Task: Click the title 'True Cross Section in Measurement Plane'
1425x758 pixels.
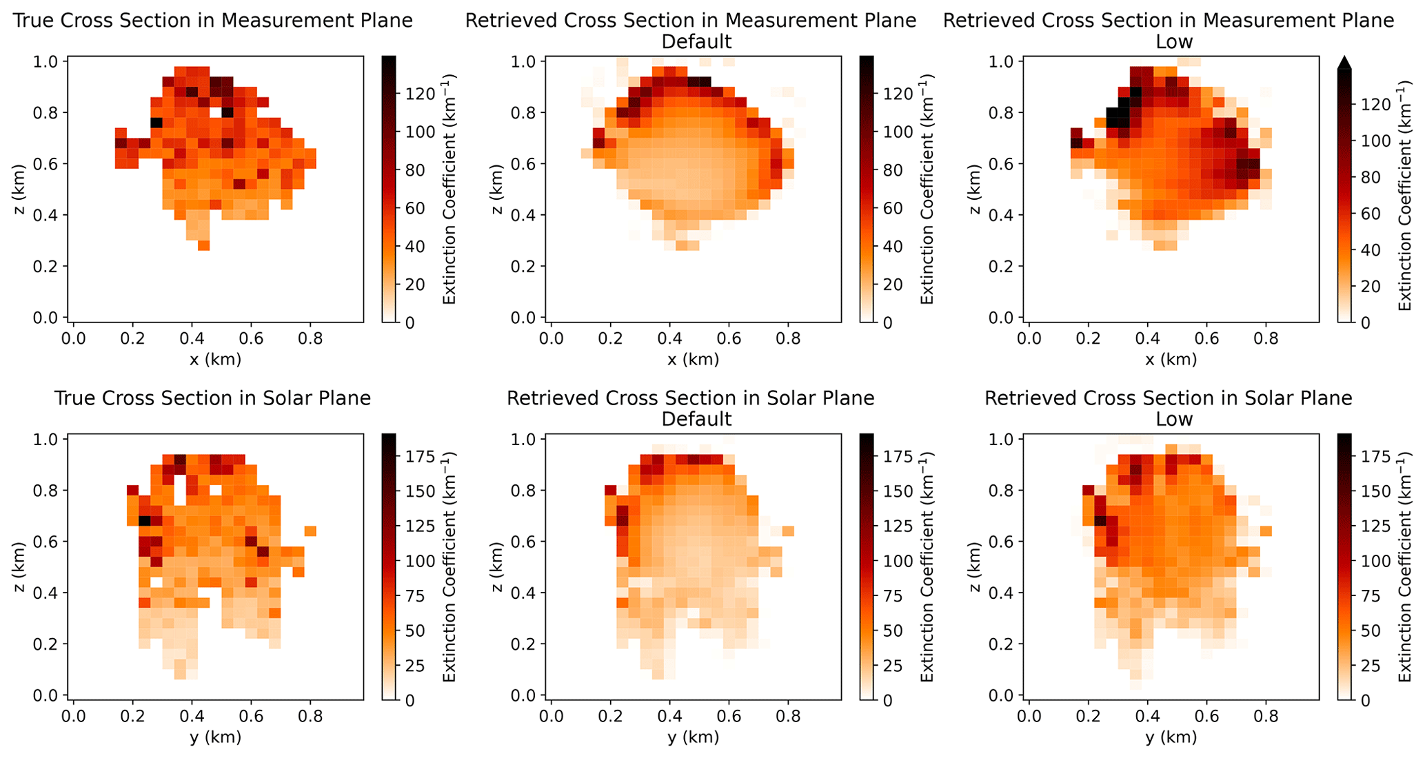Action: [x=213, y=21]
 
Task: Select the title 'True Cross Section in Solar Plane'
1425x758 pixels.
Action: [x=213, y=398]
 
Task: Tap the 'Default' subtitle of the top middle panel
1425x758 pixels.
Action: [x=696, y=42]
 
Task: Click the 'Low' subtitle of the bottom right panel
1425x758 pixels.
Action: [x=1174, y=419]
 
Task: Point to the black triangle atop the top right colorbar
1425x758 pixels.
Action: [x=1344, y=63]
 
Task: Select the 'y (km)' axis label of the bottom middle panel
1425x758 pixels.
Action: [x=693, y=737]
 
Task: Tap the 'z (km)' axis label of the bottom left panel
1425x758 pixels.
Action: [x=19, y=567]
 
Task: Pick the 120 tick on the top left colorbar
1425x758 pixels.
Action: [x=412, y=94]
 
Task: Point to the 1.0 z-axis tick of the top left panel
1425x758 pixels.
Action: [x=50, y=61]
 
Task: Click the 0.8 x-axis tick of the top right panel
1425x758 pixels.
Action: [x=1266, y=338]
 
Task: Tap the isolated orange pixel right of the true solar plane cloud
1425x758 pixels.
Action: [x=310, y=531]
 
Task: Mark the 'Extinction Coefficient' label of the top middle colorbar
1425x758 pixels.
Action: [x=927, y=189]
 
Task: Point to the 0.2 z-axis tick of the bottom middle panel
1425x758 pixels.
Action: [x=528, y=644]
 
